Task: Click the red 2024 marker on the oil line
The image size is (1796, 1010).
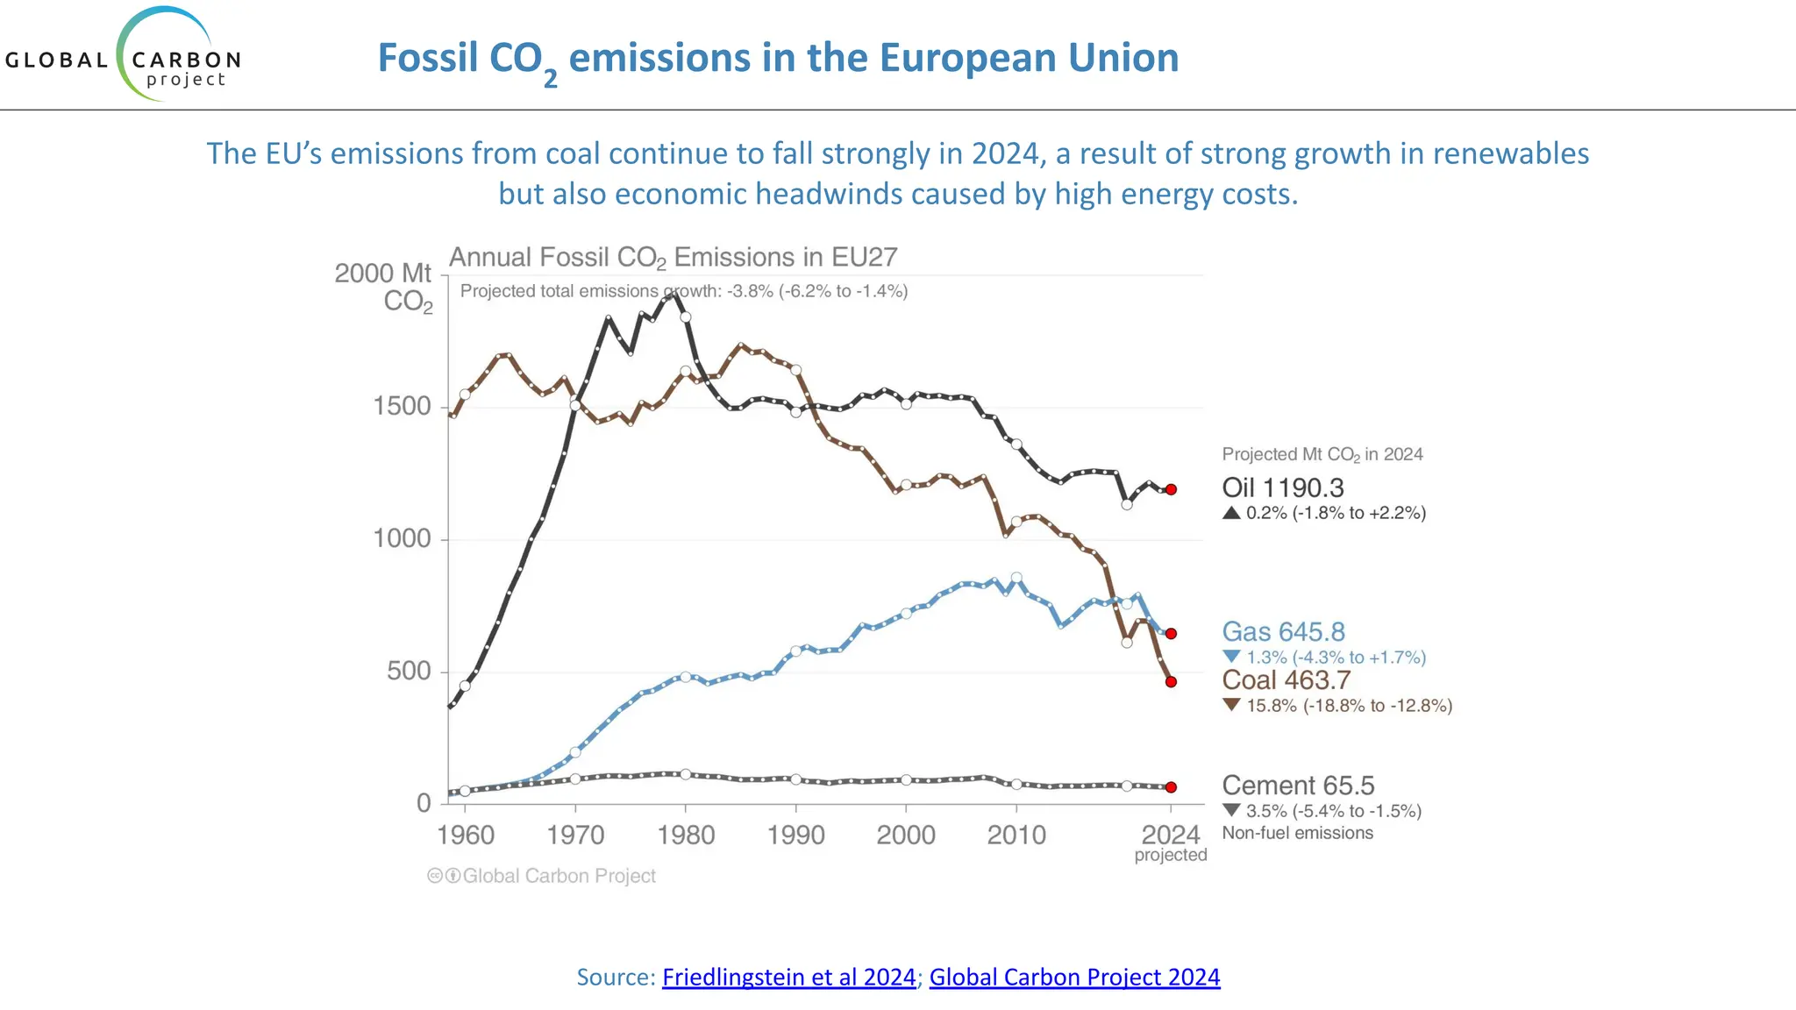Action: click(x=1171, y=489)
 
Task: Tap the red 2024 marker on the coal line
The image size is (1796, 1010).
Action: click(x=1171, y=681)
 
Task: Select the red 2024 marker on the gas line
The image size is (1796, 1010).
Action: click(x=1171, y=633)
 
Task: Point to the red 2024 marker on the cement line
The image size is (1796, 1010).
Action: click(x=1171, y=787)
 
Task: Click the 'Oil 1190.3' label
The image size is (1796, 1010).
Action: click(x=1282, y=487)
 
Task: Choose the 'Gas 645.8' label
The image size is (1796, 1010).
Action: click(x=1283, y=631)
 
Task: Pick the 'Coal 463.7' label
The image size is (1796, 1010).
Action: click(x=1286, y=679)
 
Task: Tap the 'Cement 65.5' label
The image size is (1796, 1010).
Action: click(x=1298, y=785)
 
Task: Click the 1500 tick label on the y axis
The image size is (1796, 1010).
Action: click(x=402, y=406)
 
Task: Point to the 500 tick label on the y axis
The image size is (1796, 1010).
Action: click(x=409, y=671)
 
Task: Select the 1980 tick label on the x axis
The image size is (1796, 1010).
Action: click(x=686, y=835)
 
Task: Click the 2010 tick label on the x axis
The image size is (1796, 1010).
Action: click(x=1016, y=835)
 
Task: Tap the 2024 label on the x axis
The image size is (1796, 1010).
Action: click(x=1171, y=835)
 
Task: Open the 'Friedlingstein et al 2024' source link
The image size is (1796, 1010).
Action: click(x=788, y=977)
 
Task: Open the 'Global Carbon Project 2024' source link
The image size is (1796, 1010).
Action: click(x=1074, y=977)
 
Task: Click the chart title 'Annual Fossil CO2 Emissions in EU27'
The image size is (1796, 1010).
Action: click(x=673, y=257)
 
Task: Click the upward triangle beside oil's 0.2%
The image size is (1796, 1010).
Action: click(x=1231, y=513)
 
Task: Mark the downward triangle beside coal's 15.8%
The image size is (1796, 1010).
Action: click(x=1231, y=705)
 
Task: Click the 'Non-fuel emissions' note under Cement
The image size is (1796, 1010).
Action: click(x=1297, y=833)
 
